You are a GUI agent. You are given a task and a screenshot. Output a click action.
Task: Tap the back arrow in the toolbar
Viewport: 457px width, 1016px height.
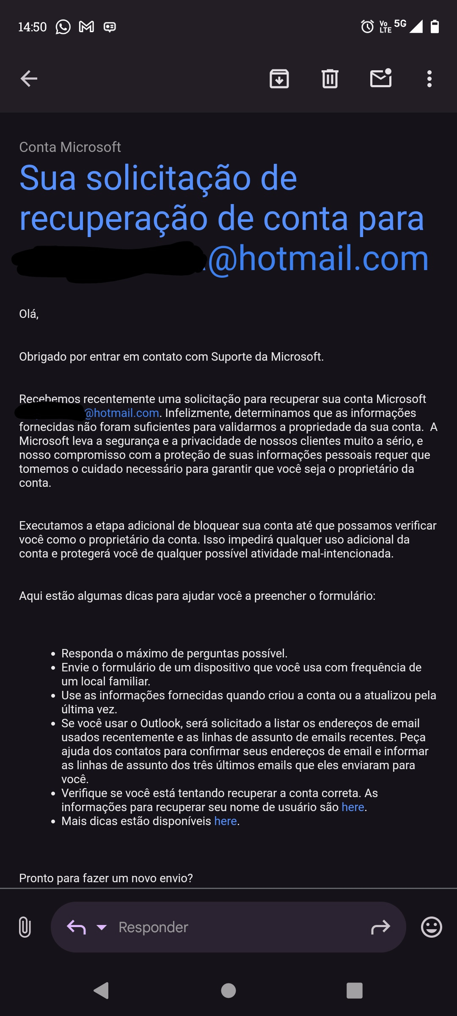(x=29, y=79)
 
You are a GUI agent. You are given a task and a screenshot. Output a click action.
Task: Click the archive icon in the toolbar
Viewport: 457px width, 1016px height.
(x=279, y=79)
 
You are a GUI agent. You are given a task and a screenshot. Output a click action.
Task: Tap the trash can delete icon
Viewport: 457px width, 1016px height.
(x=330, y=79)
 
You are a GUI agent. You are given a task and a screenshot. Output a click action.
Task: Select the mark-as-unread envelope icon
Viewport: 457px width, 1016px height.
(x=381, y=78)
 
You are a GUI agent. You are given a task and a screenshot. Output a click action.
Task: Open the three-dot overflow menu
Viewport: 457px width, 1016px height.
(x=429, y=79)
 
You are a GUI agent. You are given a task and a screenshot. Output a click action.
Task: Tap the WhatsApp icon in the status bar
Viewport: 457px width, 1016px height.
(x=63, y=27)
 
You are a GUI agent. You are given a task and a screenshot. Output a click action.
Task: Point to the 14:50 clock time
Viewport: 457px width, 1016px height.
(x=32, y=27)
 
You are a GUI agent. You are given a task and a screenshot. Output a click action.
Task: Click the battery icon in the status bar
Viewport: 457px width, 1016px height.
(x=435, y=26)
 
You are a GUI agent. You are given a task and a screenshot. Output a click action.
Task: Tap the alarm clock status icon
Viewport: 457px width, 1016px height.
(x=367, y=27)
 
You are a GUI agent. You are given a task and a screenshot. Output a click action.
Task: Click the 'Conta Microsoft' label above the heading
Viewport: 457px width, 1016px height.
(x=70, y=147)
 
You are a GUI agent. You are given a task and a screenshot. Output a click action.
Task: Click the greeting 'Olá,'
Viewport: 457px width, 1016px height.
(x=29, y=314)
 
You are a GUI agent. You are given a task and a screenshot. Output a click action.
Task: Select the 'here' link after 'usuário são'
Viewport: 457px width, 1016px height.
(x=353, y=807)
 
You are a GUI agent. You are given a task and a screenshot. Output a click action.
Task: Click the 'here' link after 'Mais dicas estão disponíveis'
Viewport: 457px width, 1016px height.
(x=226, y=821)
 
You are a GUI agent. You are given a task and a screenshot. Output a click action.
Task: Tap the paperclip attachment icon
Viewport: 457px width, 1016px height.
(x=25, y=927)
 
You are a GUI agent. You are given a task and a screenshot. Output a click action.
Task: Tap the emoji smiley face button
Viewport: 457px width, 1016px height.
(x=432, y=927)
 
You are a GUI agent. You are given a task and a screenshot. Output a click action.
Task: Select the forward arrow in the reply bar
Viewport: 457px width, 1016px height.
(x=380, y=927)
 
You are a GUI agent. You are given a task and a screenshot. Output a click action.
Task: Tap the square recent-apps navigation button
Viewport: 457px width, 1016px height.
(x=355, y=991)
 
